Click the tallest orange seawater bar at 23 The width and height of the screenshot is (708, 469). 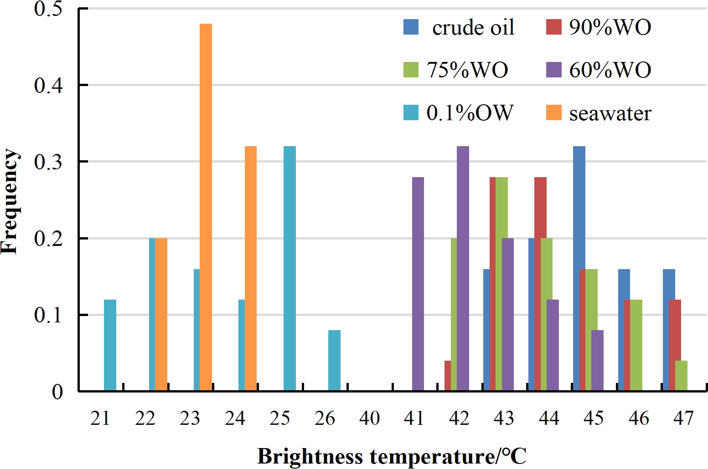(206, 207)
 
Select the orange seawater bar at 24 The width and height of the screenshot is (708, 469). (251, 269)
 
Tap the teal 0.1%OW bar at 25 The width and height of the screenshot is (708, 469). (289, 269)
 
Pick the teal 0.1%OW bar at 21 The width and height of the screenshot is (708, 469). (110, 345)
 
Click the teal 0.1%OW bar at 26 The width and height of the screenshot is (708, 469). (334, 361)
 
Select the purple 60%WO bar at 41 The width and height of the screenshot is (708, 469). (418, 284)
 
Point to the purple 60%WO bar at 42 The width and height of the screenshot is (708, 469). (463, 269)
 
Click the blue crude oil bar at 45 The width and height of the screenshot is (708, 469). (579, 269)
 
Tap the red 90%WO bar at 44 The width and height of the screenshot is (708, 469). (540, 284)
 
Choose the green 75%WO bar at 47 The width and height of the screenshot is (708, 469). (681, 376)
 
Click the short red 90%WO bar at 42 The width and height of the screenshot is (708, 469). (448, 376)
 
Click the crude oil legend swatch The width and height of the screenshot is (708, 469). (411, 27)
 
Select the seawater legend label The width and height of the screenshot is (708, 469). (610, 113)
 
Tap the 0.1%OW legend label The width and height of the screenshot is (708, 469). (470, 113)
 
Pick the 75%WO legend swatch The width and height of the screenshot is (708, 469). (411, 70)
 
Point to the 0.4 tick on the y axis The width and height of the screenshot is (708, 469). (49, 86)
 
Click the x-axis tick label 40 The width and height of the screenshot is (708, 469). (369, 418)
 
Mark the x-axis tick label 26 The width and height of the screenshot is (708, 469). (325, 418)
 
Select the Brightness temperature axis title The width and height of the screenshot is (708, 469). (392, 456)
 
